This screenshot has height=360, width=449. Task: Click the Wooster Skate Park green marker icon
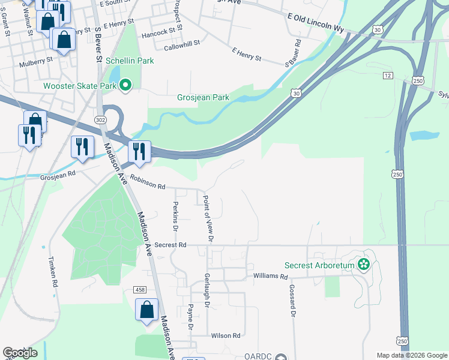[x=125, y=86]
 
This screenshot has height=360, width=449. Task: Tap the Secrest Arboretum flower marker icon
[x=363, y=264]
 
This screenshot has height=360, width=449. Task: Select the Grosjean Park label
[x=203, y=97]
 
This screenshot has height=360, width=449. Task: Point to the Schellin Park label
[x=130, y=61]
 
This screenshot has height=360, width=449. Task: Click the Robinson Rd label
[x=148, y=187]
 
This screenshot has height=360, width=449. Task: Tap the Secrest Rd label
[x=170, y=245]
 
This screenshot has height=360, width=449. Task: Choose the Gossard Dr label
[x=293, y=301]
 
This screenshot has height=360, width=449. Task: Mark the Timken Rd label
[x=53, y=274]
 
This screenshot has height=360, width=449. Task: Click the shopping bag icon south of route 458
[x=146, y=310]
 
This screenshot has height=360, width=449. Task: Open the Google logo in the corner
[x=20, y=353]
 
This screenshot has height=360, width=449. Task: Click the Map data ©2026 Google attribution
[x=411, y=355]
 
